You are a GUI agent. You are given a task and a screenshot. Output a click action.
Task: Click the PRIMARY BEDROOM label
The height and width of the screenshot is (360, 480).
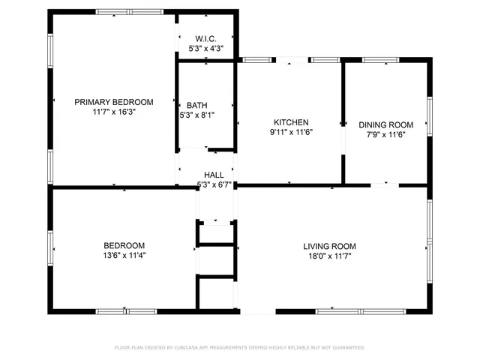[113, 102]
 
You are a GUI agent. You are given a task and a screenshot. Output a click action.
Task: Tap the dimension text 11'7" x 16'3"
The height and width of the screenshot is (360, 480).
[113, 112]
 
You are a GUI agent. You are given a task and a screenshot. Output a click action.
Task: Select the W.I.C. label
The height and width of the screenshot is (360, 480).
[205, 38]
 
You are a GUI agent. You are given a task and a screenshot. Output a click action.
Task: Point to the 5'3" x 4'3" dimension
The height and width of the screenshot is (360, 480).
[205, 48]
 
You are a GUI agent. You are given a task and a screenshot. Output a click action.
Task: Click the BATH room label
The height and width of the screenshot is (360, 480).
[197, 105]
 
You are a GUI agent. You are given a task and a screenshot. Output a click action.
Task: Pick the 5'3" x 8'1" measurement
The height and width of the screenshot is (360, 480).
[197, 115]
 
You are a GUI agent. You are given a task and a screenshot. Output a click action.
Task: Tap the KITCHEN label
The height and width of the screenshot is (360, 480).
[291, 122]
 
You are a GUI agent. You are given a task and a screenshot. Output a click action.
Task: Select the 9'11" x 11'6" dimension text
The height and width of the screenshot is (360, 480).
[291, 132]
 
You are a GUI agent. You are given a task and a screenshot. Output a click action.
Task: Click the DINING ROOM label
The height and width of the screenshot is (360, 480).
[385, 125]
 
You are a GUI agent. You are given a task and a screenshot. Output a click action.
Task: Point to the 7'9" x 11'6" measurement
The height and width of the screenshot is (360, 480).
[385, 135]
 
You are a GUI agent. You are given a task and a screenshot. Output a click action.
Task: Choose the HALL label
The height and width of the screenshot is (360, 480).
[214, 175]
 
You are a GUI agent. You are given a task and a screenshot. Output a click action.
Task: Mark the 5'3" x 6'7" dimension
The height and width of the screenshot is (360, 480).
[214, 184]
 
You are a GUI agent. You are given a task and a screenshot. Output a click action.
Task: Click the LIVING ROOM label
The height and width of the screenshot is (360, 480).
[329, 246]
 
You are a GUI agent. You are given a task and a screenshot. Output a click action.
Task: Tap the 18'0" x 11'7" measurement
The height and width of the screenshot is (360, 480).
[329, 256]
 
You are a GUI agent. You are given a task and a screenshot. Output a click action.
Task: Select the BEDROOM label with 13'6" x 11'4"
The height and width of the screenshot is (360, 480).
[124, 245]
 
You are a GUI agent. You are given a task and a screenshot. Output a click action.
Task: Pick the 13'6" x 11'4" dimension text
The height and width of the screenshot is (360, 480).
[124, 255]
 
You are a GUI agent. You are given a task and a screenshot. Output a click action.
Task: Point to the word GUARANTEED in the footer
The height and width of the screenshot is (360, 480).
[346, 348]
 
